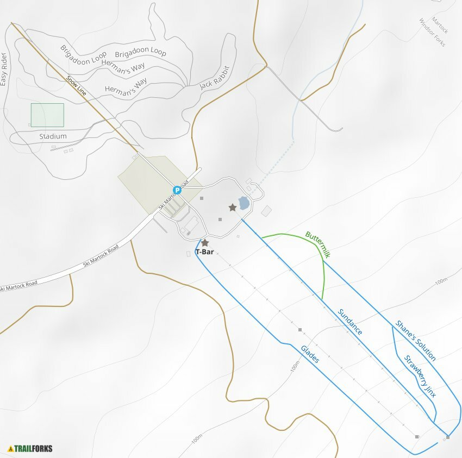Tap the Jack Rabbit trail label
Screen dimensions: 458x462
[x=215, y=78]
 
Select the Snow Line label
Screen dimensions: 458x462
[x=76, y=85]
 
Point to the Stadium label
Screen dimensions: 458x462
[x=53, y=136]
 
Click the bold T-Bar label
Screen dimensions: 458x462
[x=204, y=252]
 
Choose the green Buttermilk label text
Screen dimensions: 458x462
[x=317, y=244]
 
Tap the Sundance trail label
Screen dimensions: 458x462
[x=350, y=322]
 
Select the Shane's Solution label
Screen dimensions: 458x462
[x=416, y=341]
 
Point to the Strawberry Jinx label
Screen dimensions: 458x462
[x=420, y=377]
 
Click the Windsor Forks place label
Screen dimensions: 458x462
[x=432, y=32]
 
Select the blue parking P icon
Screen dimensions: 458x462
[x=177, y=190]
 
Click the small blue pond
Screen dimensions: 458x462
[x=244, y=204]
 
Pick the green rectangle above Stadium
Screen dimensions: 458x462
[x=47, y=115]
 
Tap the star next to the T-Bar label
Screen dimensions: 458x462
[x=205, y=243]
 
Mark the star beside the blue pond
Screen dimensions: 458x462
[x=233, y=207]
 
